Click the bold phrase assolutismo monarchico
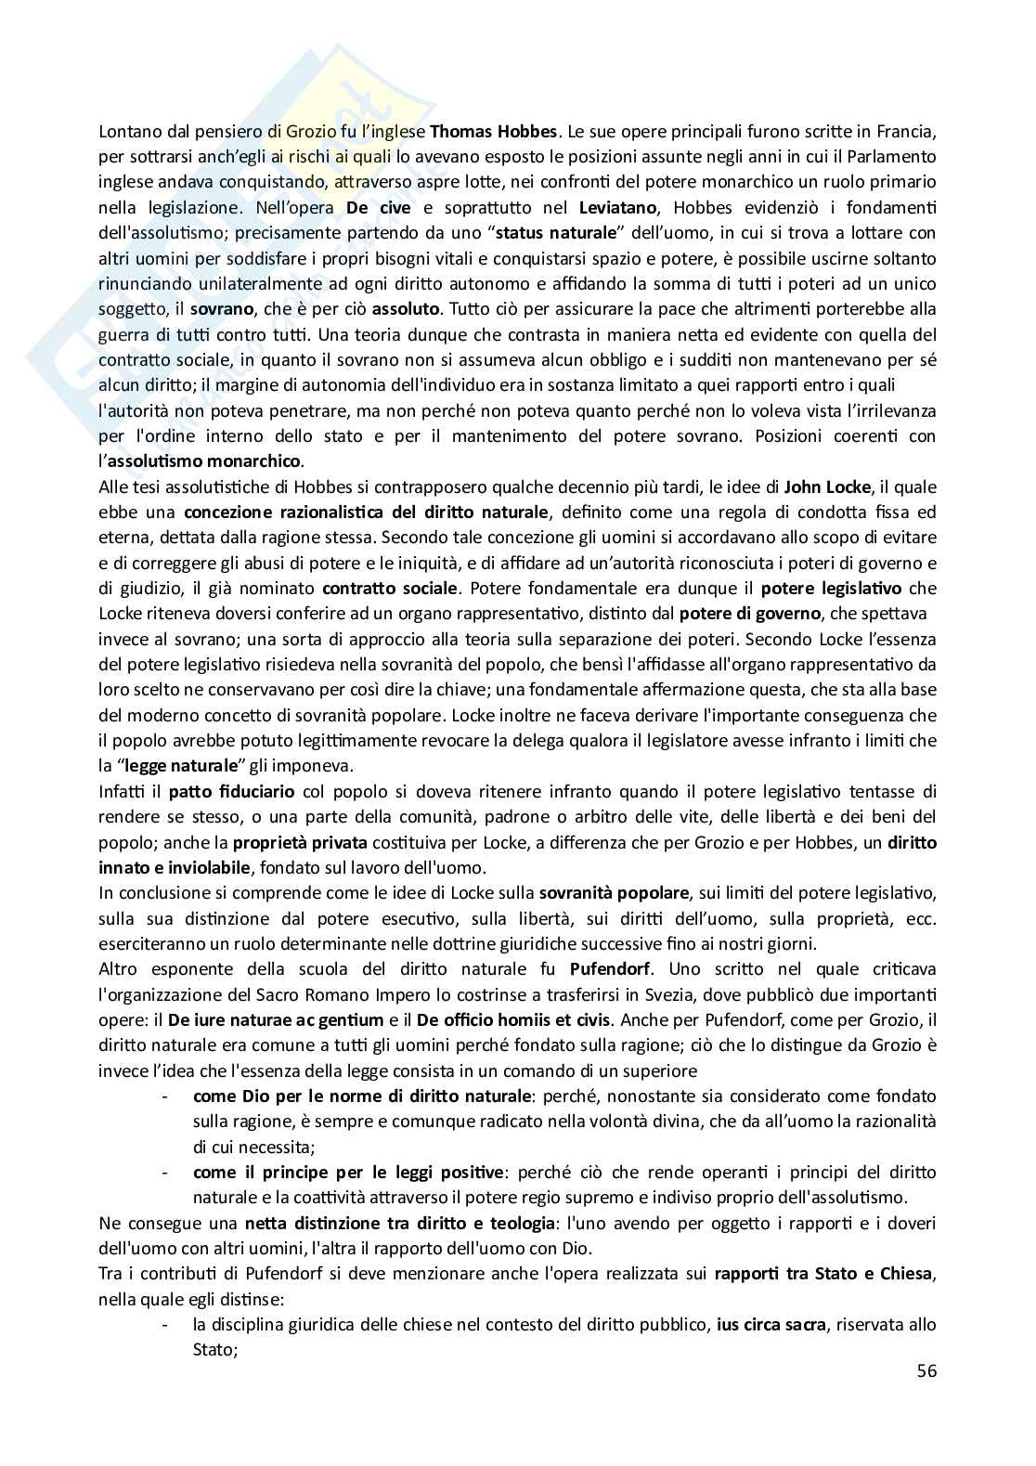(204, 461)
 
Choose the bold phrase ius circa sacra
(771, 1325)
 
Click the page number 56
(926, 1370)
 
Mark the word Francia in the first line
(909, 131)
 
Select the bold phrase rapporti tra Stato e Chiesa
(823, 1274)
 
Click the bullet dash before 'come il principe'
(165, 1173)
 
